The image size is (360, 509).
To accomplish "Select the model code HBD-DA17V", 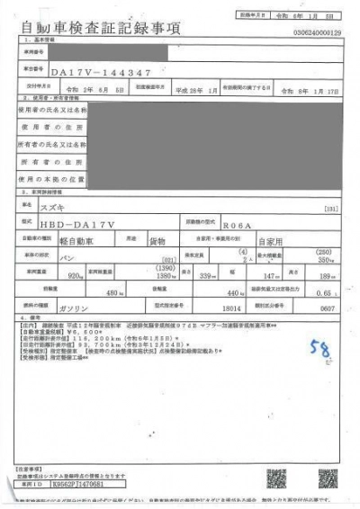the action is tap(95, 221).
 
